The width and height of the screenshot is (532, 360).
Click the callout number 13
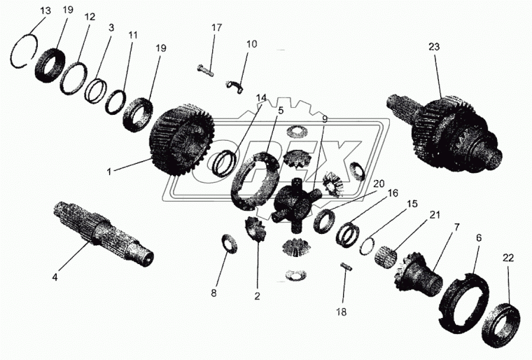(x=45, y=11)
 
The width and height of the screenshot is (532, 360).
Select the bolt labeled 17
(x=205, y=70)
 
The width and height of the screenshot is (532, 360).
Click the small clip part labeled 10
(x=234, y=86)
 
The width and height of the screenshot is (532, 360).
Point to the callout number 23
(x=434, y=46)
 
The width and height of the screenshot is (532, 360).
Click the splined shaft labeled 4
(x=104, y=235)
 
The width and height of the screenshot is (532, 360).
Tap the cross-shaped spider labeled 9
(x=296, y=206)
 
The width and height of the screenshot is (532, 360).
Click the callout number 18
(x=342, y=312)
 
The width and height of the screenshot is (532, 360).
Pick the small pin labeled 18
(x=346, y=266)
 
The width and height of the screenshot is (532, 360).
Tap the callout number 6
(x=478, y=238)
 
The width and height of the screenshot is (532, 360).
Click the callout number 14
(x=261, y=98)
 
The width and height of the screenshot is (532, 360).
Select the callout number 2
(x=257, y=296)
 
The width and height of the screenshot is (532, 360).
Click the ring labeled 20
(x=325, y=221)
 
